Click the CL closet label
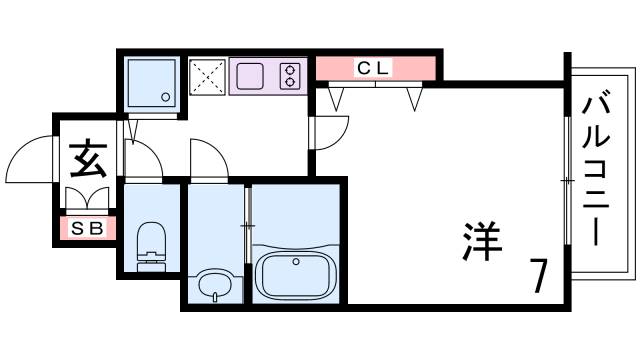375,68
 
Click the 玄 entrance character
89,158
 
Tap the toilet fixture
150,241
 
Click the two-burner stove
290,76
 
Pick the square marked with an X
208,76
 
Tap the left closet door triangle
336,98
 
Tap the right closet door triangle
415,98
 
